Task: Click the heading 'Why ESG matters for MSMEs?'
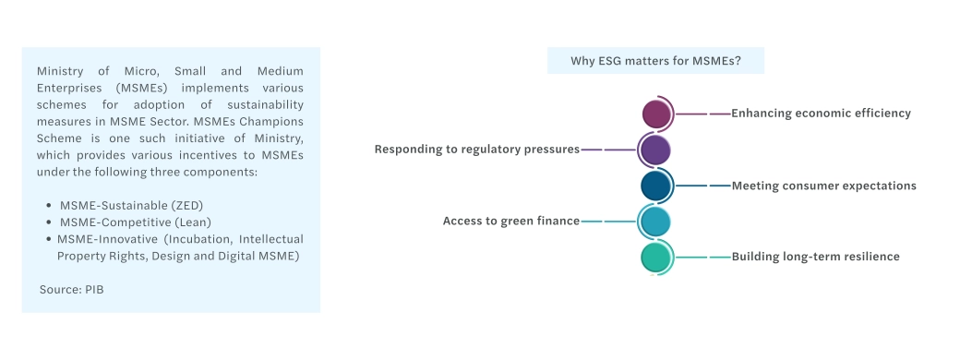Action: [x=655, y=61]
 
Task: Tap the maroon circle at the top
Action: [x=656, y=114]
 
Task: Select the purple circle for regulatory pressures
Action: [x=654, y=150]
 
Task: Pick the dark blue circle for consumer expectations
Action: [x=655, y=186]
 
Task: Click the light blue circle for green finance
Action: [x=654, y=221]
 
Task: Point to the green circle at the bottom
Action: [x=655, y=258]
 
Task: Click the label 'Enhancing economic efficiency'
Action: [x=821, y=114]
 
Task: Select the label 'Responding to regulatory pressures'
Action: [x=477, y=150]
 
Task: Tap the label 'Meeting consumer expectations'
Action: [x=824, y=186]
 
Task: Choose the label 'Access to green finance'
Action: [x=511, y=221]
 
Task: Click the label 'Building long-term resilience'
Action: [x=815, y=257]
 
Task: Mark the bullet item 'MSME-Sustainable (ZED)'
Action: [x=131, y=205]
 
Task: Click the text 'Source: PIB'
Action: [x=72, y=290]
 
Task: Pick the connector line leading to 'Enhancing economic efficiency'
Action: [x=702, y=114]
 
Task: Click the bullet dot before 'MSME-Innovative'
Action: [x=49, y=239]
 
